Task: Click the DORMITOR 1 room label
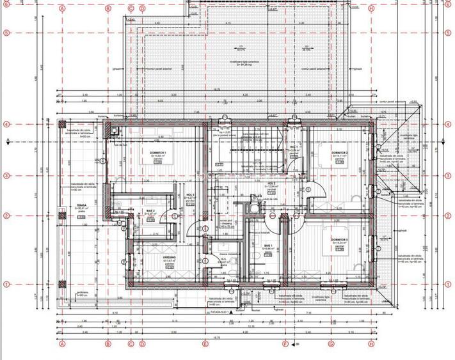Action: coord(159,153)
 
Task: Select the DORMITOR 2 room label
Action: coord(339,153)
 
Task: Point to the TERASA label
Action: coord(81,207)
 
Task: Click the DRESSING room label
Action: coord(169,258)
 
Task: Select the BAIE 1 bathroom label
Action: coord(267,245)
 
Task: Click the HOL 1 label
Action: coord(294,148)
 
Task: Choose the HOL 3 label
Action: coord(189,195)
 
